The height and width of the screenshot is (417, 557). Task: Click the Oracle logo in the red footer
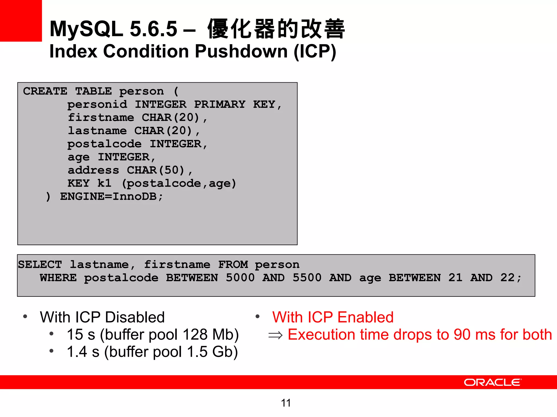[493, 382]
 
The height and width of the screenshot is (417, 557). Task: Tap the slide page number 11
[286, 403]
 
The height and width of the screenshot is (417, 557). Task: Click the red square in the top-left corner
[21, 21]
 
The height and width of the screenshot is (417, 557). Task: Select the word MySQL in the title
[86, 29]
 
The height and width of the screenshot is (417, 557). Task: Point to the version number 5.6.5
[154, 29]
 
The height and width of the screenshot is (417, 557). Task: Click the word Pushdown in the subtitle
[241, 51]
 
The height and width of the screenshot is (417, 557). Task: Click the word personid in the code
[97, 105]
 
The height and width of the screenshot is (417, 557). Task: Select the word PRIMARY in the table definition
[219, 105]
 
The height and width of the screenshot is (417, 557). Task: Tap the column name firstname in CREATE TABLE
[101, 118]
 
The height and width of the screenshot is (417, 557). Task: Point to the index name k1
[104, 183]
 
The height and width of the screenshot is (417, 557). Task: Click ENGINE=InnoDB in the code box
[108, 196]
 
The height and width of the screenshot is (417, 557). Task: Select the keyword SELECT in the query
[40, 264]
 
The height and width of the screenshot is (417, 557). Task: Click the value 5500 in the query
[307, 278]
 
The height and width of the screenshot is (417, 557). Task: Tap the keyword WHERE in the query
[58, 278]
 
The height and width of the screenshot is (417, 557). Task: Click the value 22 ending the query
[507, 278]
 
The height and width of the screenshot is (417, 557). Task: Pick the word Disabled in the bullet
[135, 317]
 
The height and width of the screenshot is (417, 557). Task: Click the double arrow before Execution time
[275, 335]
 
